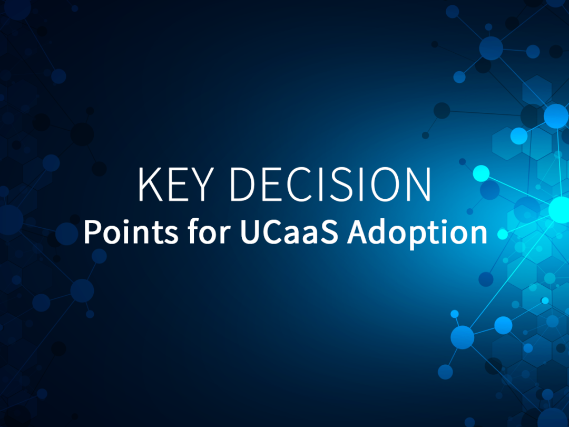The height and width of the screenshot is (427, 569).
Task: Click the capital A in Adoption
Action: (358, 232)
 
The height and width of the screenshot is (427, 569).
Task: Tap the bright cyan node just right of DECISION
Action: (480, 173)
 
